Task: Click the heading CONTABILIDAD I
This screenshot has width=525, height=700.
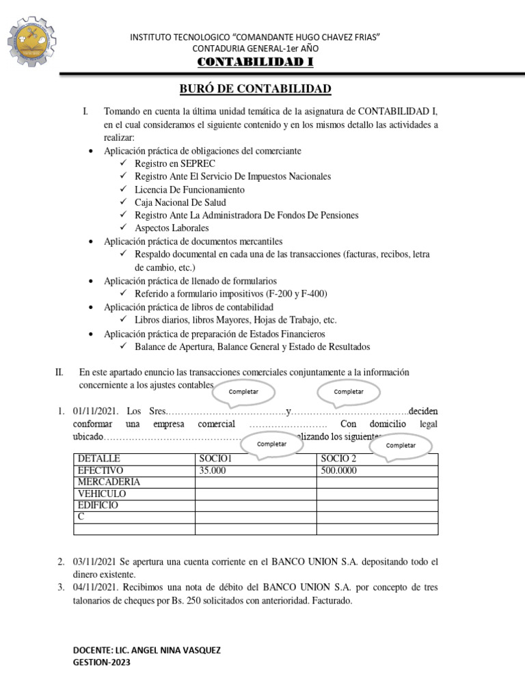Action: point(256,63)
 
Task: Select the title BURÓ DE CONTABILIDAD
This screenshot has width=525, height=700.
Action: point(255,89)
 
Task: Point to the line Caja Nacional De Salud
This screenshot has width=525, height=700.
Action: point(180,202)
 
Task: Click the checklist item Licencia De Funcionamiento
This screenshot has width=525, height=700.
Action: point(189,189)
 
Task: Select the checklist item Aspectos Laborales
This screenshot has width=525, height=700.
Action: point(172,228)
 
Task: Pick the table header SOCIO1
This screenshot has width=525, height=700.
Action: point(215,459)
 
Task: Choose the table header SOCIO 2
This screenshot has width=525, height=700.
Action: point(338,459)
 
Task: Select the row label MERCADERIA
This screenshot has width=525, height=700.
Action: point(109,482)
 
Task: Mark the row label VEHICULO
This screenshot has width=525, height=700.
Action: point(102,494)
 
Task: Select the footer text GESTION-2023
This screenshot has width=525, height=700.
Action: point(102,662)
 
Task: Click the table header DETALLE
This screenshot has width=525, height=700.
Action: point(99,459)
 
